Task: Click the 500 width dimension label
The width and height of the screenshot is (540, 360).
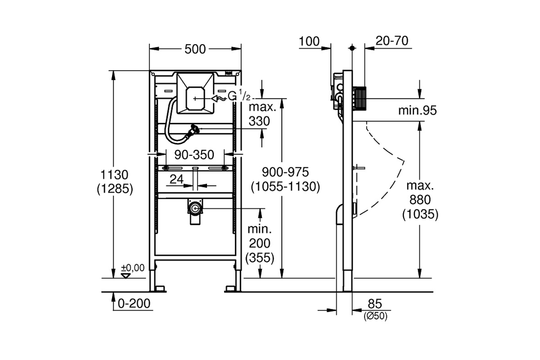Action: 195,49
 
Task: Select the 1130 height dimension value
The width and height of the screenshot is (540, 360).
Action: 114,175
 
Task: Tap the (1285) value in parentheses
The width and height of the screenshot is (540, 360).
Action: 115,189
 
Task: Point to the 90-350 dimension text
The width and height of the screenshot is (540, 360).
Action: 194,155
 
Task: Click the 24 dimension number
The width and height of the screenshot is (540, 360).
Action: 176,179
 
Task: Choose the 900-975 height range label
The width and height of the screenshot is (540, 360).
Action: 285,172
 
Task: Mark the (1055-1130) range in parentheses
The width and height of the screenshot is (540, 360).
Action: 285,186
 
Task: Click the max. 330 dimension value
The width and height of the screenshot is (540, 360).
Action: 262,114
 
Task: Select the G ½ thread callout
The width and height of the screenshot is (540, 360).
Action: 239,96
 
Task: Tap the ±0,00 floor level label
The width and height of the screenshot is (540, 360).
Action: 133,268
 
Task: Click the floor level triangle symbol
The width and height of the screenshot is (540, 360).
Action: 126,276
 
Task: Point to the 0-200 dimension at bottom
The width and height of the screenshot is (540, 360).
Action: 134,303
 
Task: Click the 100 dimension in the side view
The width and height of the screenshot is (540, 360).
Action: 309,41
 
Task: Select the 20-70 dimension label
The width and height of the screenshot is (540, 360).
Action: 392,41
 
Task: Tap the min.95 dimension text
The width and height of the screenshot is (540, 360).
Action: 417,110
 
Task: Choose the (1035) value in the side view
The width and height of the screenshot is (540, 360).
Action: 420,214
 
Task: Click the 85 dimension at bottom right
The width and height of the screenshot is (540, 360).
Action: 375,304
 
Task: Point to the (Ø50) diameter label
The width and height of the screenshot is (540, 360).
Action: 375,316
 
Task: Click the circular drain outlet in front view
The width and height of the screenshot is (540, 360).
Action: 195,208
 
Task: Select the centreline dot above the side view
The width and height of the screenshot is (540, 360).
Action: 352,48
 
